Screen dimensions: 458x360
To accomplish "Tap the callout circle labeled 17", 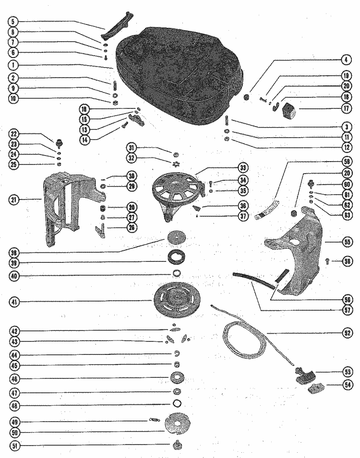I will [x=345, y=108].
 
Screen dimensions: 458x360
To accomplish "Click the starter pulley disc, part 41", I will [x=176, y=301].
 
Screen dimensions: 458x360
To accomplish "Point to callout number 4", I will [x=345, y=60].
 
